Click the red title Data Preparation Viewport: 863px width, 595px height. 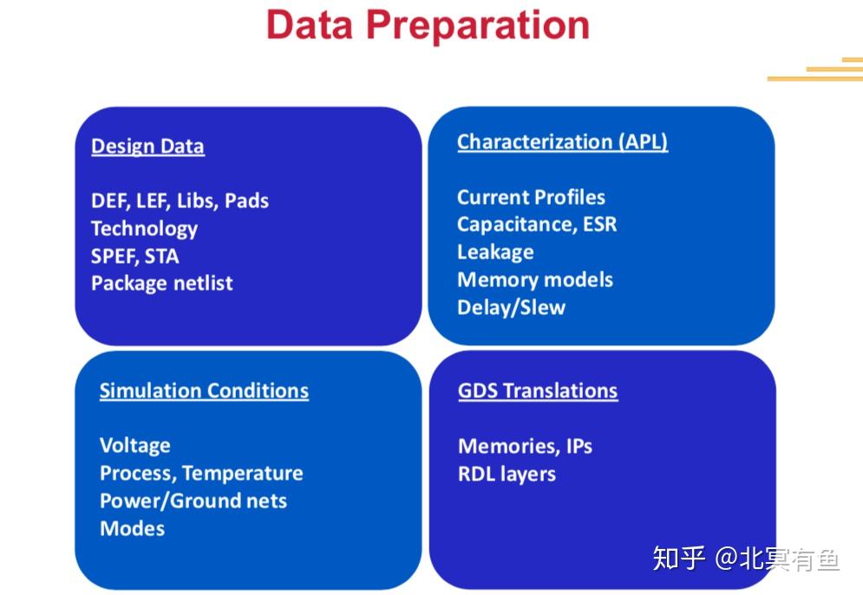pyautogui.click(x=428, y=25)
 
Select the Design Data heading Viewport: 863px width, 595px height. pyautogui.click(x=148, y=147)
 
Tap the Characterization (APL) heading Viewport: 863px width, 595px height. pyautogui.click(x=563, y=142)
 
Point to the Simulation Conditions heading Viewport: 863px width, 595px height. pyautogui.click(x=204, y=390)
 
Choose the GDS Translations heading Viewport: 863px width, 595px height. pyautogui.click(x=538, y=391)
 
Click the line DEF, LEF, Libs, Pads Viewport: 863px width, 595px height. pyautogui.click(x=180, y=201)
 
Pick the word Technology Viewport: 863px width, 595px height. pyautogui.click(x=144, y=229)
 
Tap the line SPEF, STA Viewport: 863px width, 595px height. pyautogui.click(x=134, y=257)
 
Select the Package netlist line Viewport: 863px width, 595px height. pyautogui.click(x=162, y=284)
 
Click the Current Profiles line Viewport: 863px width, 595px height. pyautogui.click(x=531, y=197)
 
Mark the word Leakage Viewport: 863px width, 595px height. pyautogui.click(x=495, y=252)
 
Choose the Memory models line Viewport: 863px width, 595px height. pyautogui.click(x=535, y=279)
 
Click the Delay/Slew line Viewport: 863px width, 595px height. pyautogui.click(x=512, y=307)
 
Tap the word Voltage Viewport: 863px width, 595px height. pyautogui.click(x=134, y=445)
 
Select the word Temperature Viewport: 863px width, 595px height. pyautogui.click(x=243, y=474)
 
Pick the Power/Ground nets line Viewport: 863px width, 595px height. pyautogui.click(x=193, y=500)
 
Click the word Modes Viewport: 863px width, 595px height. pyautogui.click(x=132, y=528)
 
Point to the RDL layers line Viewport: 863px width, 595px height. pyautogui.click(x=507, y=474)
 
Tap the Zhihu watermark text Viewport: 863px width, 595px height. pyautogui.click(x=746, y=559)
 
